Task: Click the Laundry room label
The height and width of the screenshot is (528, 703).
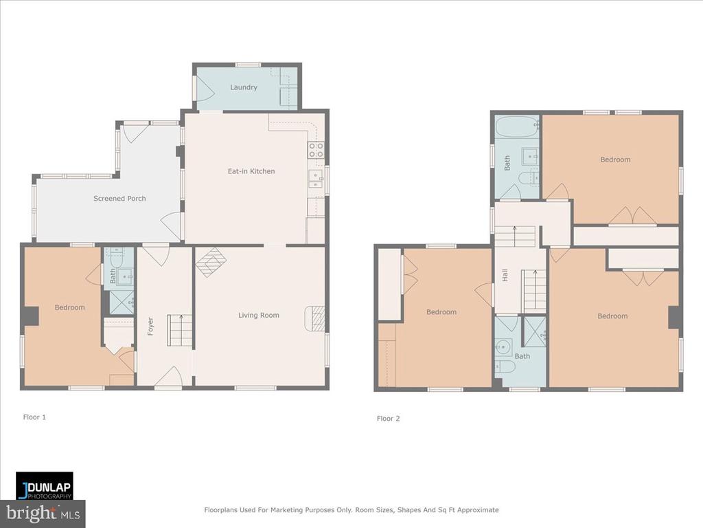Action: tap(244, 87)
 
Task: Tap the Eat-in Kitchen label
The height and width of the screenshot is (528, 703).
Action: tap(251, 171)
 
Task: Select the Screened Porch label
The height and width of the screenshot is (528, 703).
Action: tap(119, 199)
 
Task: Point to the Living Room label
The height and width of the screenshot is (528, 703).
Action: tap(259, 315)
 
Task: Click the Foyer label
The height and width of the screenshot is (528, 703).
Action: tap(150, 326)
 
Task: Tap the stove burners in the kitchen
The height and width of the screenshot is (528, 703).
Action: tap(316, 150)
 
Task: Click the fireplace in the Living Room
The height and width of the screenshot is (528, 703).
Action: tap(314, 319)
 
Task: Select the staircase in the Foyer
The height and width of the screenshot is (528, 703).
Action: tap(181, 331)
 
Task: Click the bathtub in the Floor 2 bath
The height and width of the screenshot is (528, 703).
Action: tap(517, 126)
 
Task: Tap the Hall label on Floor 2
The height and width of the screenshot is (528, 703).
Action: tap(505, 275)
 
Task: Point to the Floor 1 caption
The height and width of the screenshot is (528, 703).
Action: tap(34, 417)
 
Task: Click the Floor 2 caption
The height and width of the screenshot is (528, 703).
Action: tap(389, 419)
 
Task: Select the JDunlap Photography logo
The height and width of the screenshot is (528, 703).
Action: tap(45, 486)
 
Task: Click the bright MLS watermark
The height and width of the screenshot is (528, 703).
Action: tap(43, 514)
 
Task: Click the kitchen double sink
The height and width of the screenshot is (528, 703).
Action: tap(316, 178)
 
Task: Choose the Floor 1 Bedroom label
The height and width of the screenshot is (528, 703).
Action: tap(69, 307)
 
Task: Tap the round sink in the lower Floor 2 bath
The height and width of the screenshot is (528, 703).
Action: tap(503, 346)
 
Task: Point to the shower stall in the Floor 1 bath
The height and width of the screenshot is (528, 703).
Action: tap(122, 302)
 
